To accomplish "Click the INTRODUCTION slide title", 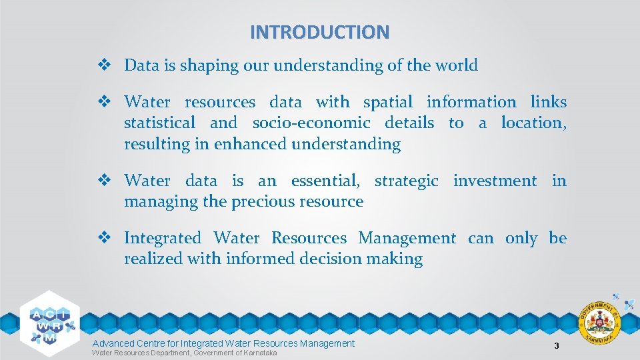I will [319, 32].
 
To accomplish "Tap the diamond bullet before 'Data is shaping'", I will [104, 65].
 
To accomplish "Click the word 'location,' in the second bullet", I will [533, 123].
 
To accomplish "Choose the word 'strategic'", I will [407, 181].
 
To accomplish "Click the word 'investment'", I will [495, 181].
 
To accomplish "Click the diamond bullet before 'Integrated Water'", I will [104, 238].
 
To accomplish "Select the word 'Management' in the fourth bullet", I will [407, 238].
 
